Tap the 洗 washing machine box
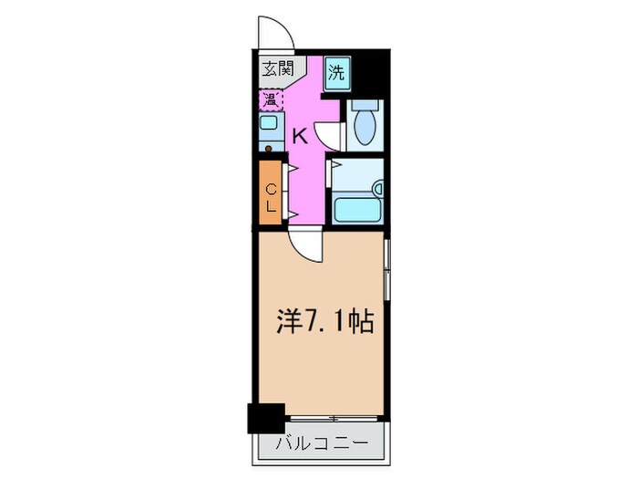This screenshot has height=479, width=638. coord(337,72)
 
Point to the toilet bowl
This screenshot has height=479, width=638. coord(364,126)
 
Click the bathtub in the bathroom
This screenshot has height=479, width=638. coord(356,211)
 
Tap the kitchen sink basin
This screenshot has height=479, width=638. coord(270,123)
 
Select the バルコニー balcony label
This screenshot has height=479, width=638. coord(321,444)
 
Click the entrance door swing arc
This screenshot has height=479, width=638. coord(276,35)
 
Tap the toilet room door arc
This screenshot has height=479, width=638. coord(328,134)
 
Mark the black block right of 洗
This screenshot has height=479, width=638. coord(370,75)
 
